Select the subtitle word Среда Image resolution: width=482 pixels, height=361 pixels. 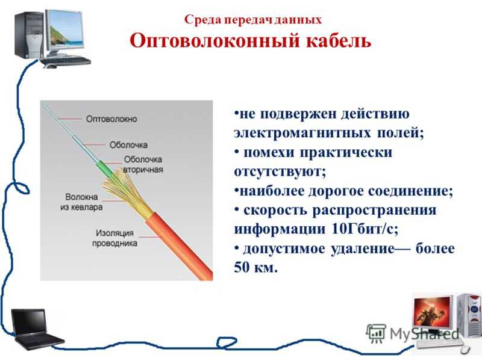pos(203,20)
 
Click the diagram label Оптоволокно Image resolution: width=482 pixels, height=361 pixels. pos(111,119)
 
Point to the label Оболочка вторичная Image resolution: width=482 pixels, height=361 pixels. pos(143,164)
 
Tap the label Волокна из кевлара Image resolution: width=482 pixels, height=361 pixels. pos(81,202)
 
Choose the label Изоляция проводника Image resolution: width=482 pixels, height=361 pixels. pos(114,238)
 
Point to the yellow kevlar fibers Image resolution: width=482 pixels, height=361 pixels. pos(126,187)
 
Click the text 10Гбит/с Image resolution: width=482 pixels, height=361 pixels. pos(365,229)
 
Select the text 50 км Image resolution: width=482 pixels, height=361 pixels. pos(255,268)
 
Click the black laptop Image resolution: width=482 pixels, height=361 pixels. pos(36,329)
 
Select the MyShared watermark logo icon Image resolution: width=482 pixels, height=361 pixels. pos(375,333)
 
